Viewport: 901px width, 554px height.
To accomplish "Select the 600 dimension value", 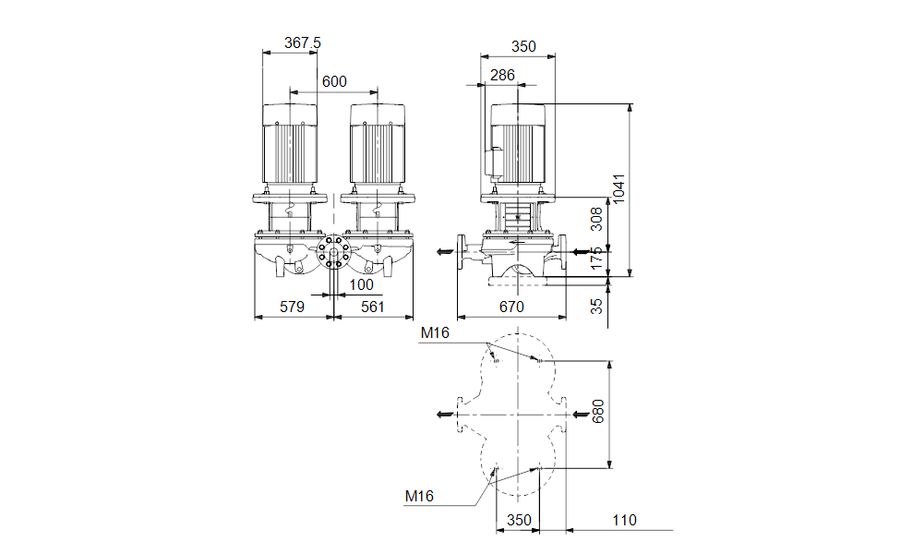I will pos(334,81).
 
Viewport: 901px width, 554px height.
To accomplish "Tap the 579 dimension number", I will pos(292,307).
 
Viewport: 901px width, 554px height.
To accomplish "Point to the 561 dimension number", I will pos(372,307).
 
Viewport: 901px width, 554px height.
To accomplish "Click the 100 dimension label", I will pos(362,285).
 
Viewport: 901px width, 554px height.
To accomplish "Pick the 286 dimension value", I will pos(502,76).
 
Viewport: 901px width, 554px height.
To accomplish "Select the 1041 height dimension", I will pos(619,189).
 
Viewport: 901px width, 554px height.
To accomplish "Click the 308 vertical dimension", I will pos(597,220).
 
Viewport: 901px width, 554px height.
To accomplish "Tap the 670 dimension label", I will pos(511,307).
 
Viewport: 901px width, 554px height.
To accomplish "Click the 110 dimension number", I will pos(624,521).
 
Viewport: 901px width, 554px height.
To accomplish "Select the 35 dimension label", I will pos(597,305).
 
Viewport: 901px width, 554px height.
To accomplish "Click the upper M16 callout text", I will pos(434,332).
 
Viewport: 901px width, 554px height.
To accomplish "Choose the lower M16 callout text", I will pos(420,496).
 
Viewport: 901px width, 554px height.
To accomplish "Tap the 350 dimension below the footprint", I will pos(519,521).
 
